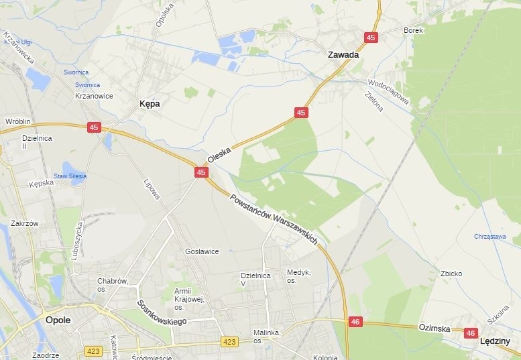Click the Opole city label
58,320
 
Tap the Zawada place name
343,55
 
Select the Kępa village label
149,104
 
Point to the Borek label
414,31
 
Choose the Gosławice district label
202,251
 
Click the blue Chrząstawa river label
489,236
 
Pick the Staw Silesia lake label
70,176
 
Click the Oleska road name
219,156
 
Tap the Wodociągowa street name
388,91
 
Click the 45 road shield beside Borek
371,38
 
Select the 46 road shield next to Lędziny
471,333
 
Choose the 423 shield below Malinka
229,342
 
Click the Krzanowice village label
94,96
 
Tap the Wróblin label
18,121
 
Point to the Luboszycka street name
76,240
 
